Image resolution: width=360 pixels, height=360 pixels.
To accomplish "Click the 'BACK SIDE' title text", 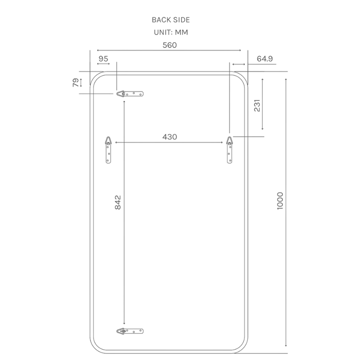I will pyautogui.click(x=170, y=20).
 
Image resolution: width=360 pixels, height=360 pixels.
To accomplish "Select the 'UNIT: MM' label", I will pyautogui.click(x=170, y=32).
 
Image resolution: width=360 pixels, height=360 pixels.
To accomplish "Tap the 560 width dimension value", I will pyautogui.click(x=170, y=45).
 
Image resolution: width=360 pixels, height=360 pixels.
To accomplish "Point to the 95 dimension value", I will pyautogui.click(x=103, y=59).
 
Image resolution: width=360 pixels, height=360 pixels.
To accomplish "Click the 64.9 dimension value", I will pyautogui.click(x=265, y=59).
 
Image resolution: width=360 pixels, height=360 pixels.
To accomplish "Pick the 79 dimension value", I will pyautogui.click(x=76, y=82).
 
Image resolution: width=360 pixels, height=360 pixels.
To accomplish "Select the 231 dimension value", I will pyautogui.click(x=258, y=105).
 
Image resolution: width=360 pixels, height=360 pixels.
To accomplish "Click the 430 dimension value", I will pyautogui.click(x=170, y=137).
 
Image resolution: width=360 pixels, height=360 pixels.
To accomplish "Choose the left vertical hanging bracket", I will pyautogui.click(x=108, y=150).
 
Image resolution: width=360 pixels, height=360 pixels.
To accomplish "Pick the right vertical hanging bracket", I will pyautogui.click(x=230, y=150).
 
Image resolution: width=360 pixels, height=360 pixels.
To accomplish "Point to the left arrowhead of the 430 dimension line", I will pyautogui.click(x=118, y=142).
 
